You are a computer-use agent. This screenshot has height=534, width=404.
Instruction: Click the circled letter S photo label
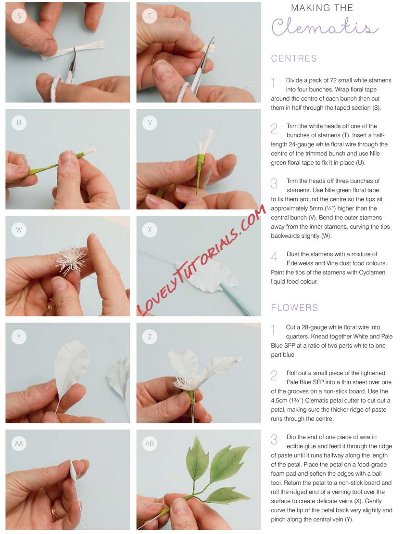pyautogui.click(x=19, y=16)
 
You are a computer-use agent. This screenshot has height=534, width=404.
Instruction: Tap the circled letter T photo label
pyautogui.click(x=150, y=16)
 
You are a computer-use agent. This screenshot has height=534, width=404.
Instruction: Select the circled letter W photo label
pyautogui.click(x=19, y=230)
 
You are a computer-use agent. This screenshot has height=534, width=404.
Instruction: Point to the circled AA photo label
pyautogui.click(x=19, y=443)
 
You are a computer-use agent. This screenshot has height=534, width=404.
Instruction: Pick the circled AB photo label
pyautogui.click(x=150, y=443)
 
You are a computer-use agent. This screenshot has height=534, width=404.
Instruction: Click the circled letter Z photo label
pyautogui.click(x=150, y=337)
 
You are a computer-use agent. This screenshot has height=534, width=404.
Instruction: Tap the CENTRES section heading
pyautogui.click(x=294, y=58)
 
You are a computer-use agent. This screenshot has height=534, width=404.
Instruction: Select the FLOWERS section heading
pyautogui.click(x=294, y=308)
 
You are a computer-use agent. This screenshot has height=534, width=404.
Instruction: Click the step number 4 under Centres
pyautogui.click(x=274, y=256)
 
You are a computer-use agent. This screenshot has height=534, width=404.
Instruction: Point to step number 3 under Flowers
pyautogui.click(x=274, y=439)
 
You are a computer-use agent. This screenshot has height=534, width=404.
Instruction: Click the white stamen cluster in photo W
pyautogui.click(x=70, y=261)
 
